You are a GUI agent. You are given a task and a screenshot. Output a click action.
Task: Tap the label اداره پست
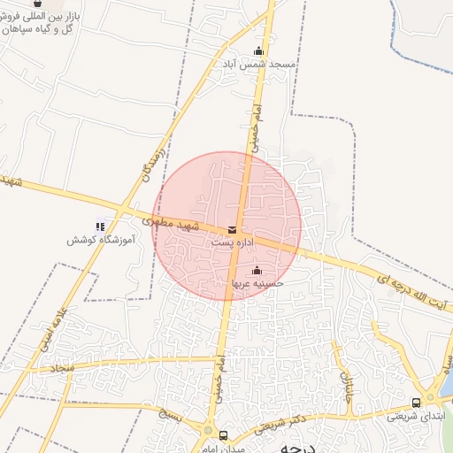(x=233, y=242)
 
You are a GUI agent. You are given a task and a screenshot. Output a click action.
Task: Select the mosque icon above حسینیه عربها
(x=257, y=270)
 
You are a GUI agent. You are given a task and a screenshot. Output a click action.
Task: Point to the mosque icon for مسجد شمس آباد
(x=258, y=51)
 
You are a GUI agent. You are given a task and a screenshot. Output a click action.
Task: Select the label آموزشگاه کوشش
(x=99, y=241)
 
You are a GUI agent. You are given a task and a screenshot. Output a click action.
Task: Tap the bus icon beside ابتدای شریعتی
(x=417, y=403)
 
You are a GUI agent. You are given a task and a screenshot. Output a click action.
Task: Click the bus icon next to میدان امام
(x=224, y=435)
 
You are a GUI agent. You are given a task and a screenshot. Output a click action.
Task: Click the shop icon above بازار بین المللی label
(x=36, y=4)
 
